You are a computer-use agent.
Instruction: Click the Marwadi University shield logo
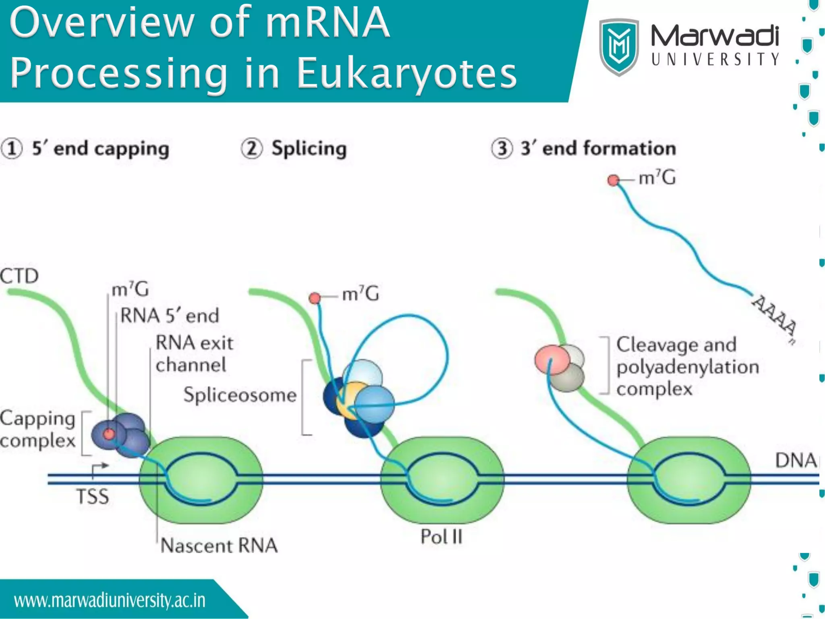click(619, 46)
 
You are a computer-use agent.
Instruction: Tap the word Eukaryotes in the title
click(407, 73)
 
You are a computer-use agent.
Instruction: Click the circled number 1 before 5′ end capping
click(12, 149)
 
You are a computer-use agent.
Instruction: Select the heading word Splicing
click(309, 149)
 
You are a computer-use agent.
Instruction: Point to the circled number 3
click(502, 149)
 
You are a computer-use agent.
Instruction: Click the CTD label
click(19, 276)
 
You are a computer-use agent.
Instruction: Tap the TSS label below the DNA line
click(93, 496)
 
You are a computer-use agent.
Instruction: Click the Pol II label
click(442, 537)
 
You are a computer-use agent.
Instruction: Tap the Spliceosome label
click(240, 395)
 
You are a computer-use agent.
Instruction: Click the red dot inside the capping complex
click(109, 434)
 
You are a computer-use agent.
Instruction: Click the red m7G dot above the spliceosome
click(315, 298)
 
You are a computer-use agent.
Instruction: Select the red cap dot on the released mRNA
click(613, 180)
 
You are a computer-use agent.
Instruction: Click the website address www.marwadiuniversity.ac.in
click(110, 600)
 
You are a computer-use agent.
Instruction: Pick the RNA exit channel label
click(194, 354)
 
